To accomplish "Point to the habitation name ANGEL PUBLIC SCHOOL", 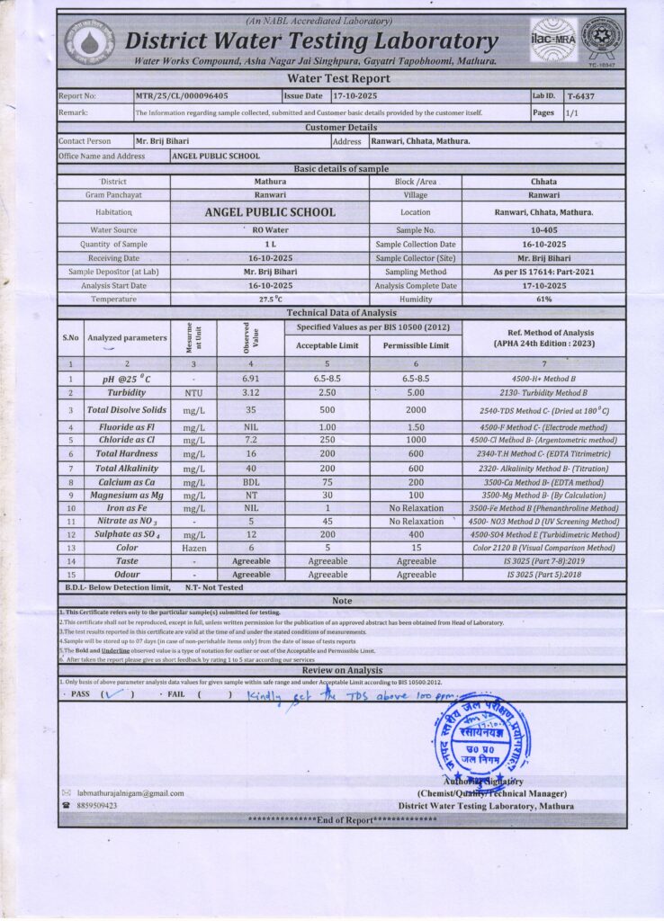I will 270,212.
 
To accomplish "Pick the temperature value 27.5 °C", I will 270,299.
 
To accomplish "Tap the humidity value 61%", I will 543,299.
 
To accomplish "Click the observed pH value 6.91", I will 250,379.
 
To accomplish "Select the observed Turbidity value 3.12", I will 250,393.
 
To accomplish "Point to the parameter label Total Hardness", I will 127,454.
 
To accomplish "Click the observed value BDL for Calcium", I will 250,482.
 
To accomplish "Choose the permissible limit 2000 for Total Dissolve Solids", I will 416,410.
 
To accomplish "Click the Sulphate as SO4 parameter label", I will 127,534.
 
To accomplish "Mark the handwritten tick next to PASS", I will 112,693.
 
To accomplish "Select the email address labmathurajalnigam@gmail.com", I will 130,793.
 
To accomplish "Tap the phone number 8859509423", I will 97,806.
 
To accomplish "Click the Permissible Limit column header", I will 416,345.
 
